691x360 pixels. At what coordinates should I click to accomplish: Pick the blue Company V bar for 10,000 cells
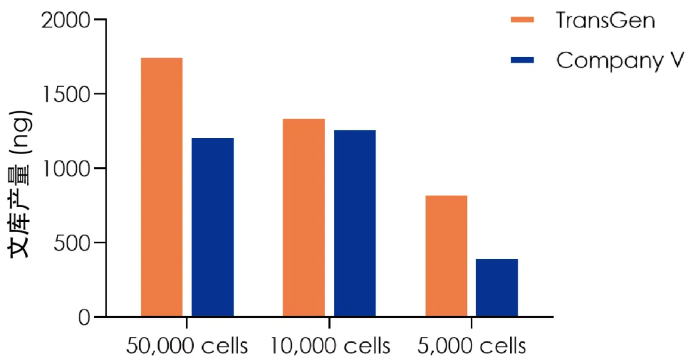pos(354,223)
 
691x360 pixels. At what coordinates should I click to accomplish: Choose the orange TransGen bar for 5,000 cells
pos(446,256)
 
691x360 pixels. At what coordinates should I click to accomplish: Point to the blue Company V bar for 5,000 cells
pos(496,287)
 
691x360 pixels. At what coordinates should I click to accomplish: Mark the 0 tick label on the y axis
pos(84,317)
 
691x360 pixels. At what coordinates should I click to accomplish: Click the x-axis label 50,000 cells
pos(187,346)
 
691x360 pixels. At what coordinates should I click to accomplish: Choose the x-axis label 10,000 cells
pos(330,346)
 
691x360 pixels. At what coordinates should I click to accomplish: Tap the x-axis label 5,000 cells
pos(472,346)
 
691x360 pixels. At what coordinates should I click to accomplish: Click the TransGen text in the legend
pos(605,20)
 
